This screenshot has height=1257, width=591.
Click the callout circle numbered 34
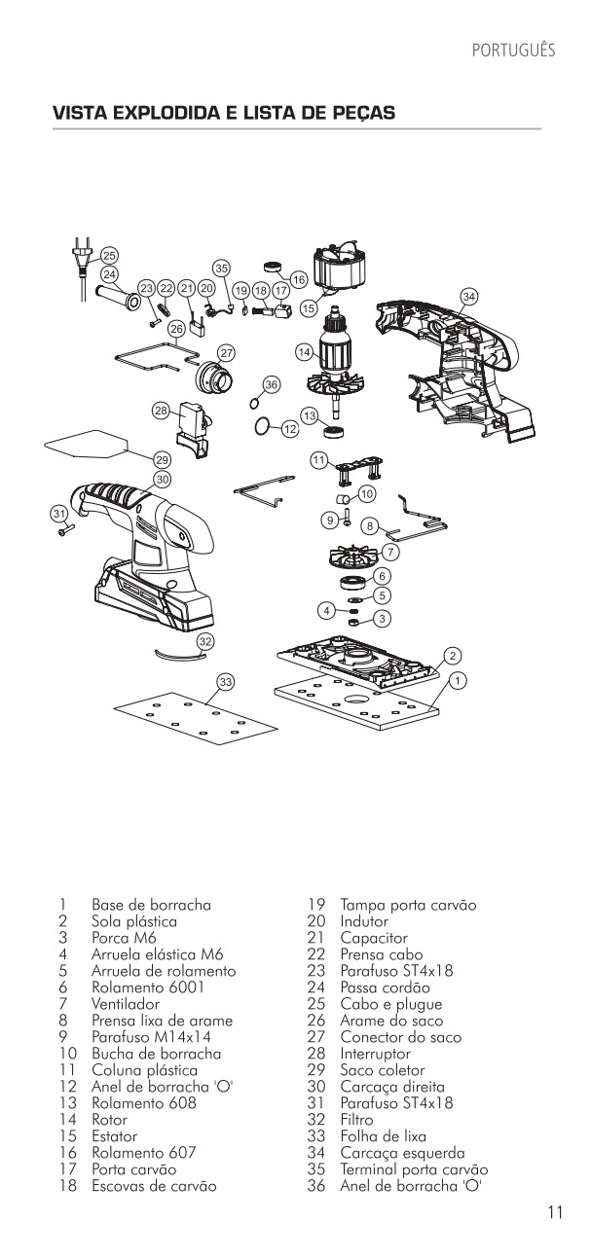469,295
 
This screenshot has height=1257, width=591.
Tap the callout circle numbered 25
109,255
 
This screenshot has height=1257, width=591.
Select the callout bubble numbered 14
304,350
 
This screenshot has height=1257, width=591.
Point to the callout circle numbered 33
226,682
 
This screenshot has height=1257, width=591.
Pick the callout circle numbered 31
58,513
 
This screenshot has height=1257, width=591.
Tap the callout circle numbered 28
161,410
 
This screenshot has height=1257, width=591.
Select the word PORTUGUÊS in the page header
512,50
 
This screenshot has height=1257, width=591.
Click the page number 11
554,1212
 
